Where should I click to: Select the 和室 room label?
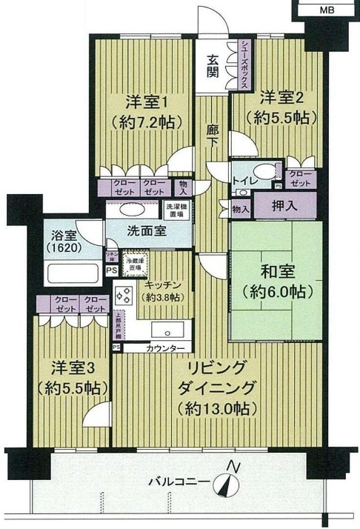pos(279,282)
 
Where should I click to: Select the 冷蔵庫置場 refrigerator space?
pos(135,264)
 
